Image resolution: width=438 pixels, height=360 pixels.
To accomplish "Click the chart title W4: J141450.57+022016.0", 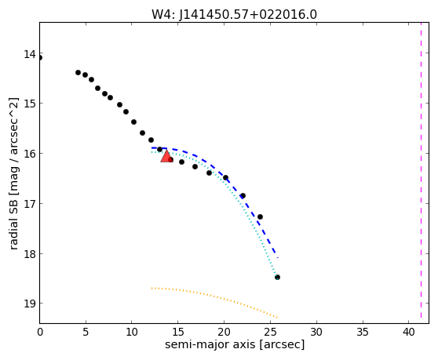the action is (234, 15).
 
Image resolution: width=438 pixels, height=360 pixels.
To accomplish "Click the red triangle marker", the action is (166, 156).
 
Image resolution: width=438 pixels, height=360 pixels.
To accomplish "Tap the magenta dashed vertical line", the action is (421, 170).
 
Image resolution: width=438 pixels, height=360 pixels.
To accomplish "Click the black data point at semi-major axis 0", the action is (40, 58).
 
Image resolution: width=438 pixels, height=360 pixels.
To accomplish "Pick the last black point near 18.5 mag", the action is (277, 277).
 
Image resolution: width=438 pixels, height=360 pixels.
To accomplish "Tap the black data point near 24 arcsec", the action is (260, 216).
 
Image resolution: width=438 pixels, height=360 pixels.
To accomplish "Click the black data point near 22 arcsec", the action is (243, 195).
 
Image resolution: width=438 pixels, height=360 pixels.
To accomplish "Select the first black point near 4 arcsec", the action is (78, 73).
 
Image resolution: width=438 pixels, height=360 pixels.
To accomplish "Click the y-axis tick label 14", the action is (30, 54).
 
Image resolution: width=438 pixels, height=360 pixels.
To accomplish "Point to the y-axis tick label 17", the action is (30, 204).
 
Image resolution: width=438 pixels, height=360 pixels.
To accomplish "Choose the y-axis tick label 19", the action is (30, 303).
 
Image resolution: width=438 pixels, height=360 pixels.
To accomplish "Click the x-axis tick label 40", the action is (408, 332).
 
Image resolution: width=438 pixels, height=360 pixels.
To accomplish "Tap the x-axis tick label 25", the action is (270, 332).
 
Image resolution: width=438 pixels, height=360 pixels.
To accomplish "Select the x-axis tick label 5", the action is (86, 332).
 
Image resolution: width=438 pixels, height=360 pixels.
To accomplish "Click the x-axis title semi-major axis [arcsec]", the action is (235, 344).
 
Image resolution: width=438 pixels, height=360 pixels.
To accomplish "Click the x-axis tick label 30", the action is (316, 332).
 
